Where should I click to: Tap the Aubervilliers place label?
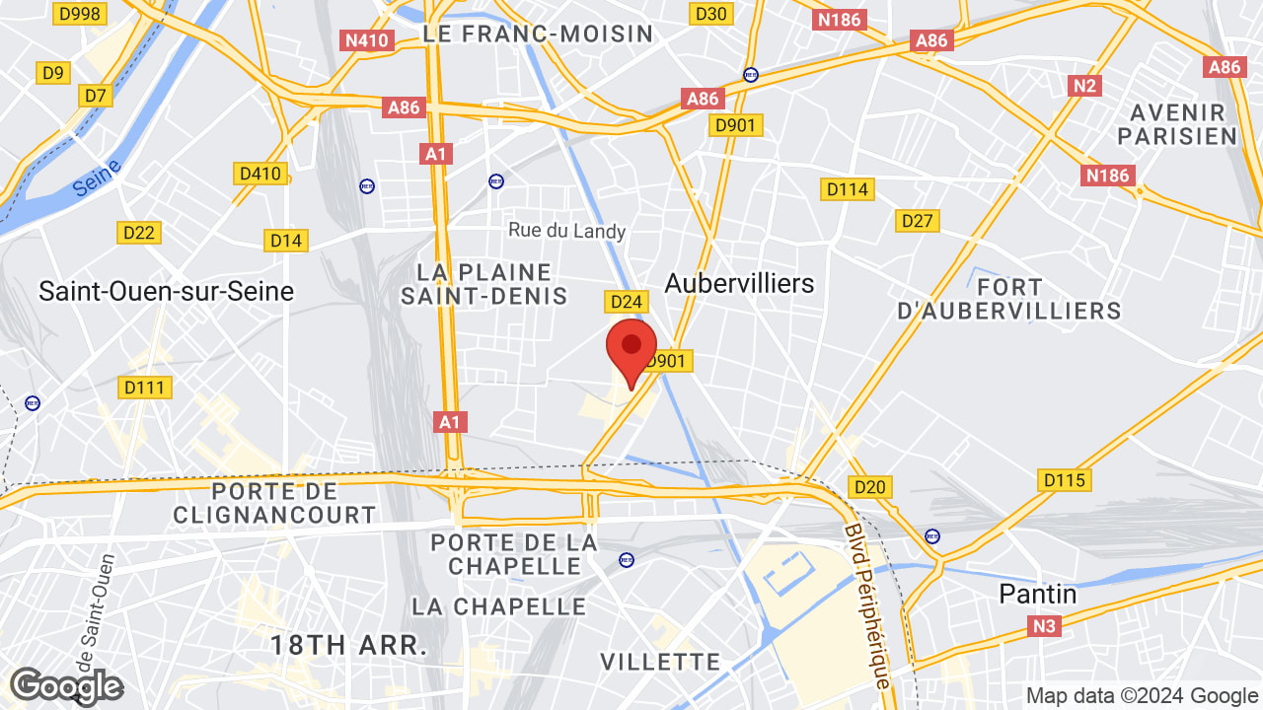tap(739, 283)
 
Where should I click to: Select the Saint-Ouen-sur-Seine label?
tap(166, 291)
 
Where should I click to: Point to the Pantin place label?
tap(1038, 594)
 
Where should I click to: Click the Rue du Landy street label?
tap(567, 231)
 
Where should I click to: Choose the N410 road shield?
tap(367, 40)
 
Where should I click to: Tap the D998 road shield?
tap(80, 13)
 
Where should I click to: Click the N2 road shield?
tap(1084, 86)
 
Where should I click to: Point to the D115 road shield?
tap(1065, 480)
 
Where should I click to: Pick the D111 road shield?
tap(144, 388)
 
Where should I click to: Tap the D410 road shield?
tap(260, 174)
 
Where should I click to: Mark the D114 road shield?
tap(848, 188)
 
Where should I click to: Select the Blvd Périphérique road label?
tap(867, 605)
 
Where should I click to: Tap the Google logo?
tap(66, 686)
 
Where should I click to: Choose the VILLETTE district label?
tap(660, 661)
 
